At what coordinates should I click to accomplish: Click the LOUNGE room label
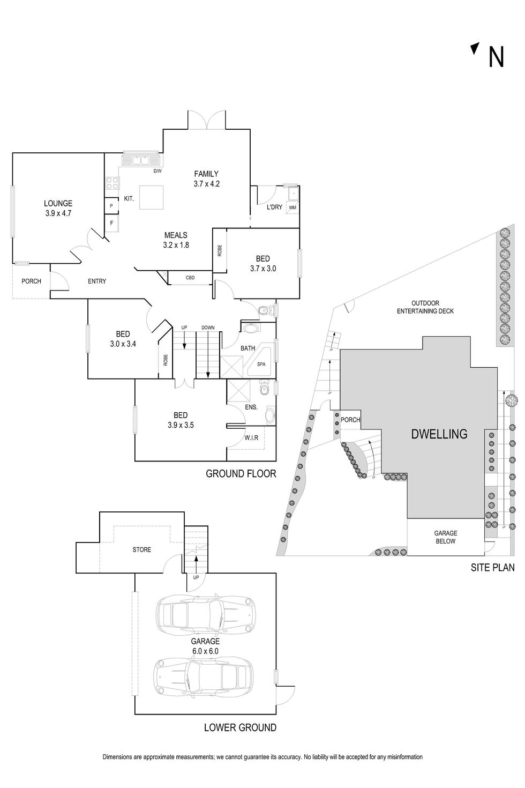click(58, 203)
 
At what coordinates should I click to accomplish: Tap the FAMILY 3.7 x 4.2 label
click(206, 179)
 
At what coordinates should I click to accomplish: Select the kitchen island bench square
click(152, 197)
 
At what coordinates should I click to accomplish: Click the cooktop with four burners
click(112, 183)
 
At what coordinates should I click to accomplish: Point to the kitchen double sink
click(141, 160)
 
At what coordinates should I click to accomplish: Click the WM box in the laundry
click(292, 207)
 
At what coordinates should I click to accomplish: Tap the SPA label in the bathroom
click(261, 364)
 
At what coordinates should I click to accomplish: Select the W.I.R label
click(251, 437)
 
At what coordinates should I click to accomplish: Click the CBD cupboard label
click(190, 278)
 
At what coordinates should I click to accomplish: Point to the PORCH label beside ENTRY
click(31, 281)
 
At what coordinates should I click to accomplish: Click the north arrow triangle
click(476, 48)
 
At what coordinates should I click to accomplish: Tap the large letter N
click(496, 57)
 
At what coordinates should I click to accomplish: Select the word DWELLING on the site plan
click(439, 434)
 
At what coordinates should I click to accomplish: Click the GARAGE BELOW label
click(446, 537)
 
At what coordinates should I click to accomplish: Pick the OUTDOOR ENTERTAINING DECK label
click(425, 307)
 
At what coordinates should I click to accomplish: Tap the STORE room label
click(142, 549)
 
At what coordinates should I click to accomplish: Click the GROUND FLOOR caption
click(241, 473)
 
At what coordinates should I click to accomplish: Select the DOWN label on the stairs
click(208, 328)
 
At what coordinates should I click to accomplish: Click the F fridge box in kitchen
click(111, 223)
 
